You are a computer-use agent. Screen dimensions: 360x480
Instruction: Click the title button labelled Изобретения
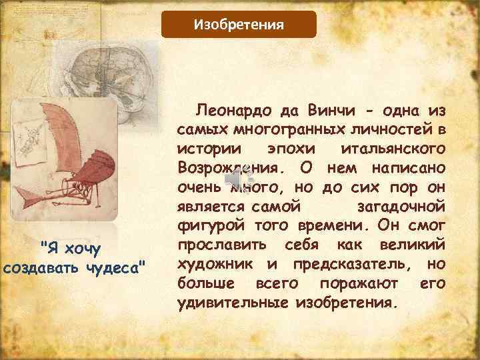point(239,25)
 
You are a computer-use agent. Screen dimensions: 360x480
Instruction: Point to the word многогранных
point(290,128)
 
